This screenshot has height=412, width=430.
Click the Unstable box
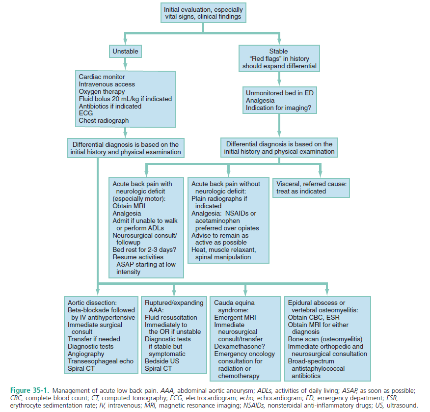coord(125,51)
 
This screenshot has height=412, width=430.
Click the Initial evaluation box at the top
coord(203,13)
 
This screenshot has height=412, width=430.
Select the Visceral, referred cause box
coord(311,187)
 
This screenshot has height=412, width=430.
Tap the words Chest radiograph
coord(104,120)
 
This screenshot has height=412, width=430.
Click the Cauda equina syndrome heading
coord(235,306)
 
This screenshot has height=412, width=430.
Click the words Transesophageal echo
coord(100,361)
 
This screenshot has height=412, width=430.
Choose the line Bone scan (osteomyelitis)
coord(325,339)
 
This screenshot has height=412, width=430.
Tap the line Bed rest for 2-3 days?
coord(144,249)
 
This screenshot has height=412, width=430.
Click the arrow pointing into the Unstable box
coord(125,40)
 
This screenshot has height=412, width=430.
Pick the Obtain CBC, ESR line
coord(312,317)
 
